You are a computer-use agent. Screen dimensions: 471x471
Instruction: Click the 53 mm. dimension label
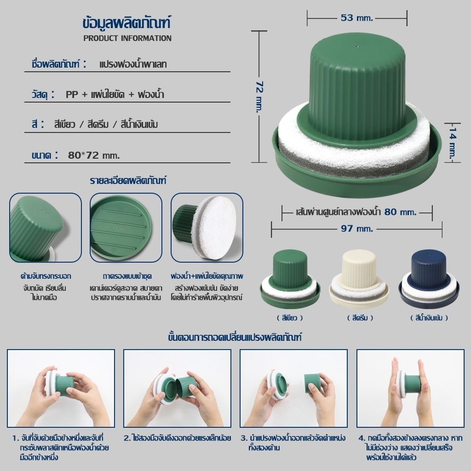click(356, 18)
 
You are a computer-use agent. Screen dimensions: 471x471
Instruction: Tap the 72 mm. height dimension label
click(259, 97)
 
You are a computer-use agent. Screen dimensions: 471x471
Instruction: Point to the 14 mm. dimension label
click(453, 143)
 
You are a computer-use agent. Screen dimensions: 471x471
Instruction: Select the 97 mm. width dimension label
click(356, 229)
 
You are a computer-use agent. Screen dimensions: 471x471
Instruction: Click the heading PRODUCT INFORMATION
click(127, 38)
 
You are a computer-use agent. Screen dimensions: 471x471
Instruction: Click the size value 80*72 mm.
click(94, 155)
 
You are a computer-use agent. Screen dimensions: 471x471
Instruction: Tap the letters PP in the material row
click(72, 94)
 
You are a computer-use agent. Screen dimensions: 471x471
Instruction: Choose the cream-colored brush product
click(359, 279)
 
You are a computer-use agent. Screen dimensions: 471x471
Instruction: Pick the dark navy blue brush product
click(429, 279)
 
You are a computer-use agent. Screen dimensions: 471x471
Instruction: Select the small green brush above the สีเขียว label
click(290, 279)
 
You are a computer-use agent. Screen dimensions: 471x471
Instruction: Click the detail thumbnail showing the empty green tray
click(126, 227)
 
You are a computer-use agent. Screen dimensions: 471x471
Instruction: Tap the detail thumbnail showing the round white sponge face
click(207, 227)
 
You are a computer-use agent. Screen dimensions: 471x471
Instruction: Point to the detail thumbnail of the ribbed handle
click(46, 227)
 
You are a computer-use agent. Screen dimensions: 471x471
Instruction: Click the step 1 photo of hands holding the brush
click(61, 388)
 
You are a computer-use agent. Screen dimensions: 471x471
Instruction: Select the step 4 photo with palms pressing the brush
click(410, 388)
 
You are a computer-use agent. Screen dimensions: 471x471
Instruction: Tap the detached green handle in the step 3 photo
click(313, 384)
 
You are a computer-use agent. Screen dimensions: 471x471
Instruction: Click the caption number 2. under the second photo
click(127, 438)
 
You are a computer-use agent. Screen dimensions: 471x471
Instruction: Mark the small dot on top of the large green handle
click(357, 46)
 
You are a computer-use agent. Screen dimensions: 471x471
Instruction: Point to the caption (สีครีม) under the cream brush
click(360, 318)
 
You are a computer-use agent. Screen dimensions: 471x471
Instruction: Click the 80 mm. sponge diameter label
click(401, 212)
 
